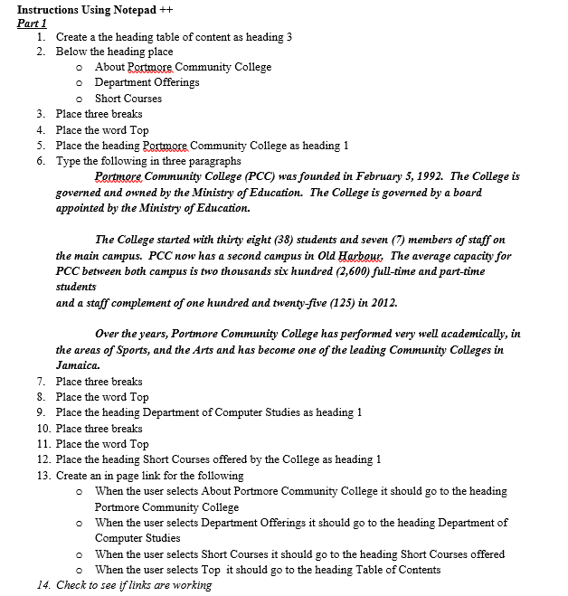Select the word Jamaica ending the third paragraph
point(77,365)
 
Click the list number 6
point(41,161)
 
